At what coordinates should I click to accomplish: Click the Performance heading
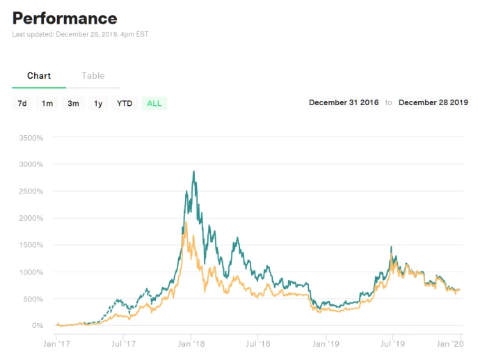point(65,19)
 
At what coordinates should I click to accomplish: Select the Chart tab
point(39,76)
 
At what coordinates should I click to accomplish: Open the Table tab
point(93,76)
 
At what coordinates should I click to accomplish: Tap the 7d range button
point(22,103)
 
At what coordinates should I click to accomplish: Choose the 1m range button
point(47,103)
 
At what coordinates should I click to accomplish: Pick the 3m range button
point(73,103)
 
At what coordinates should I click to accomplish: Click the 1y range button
point(98,103)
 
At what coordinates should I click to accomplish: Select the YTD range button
point(125,103)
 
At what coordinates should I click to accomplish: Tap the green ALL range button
point(154,103)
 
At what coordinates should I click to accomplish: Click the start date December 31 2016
point(344,102)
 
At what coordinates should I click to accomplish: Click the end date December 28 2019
point(433,102)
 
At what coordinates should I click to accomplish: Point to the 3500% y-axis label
point(31,138)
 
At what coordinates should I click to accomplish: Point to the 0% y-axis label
point(38,325)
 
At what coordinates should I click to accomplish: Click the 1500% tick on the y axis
point(31,245)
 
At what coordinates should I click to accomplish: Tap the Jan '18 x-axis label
point(191,343)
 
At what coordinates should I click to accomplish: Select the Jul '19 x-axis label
point(392,343)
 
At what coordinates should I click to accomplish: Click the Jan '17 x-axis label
point(57,343)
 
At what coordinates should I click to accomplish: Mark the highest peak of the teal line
point(193,171)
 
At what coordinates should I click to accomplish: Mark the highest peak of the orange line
point(186,222)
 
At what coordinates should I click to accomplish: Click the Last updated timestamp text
point(80,34)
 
